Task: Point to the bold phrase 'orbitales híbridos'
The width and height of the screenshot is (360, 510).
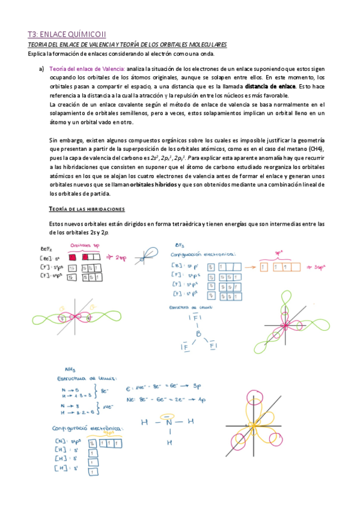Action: click(154, 185)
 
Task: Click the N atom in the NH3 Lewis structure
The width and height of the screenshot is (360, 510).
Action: click(170, 421)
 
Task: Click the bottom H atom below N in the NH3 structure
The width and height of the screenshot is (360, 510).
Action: click(170, 442)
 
